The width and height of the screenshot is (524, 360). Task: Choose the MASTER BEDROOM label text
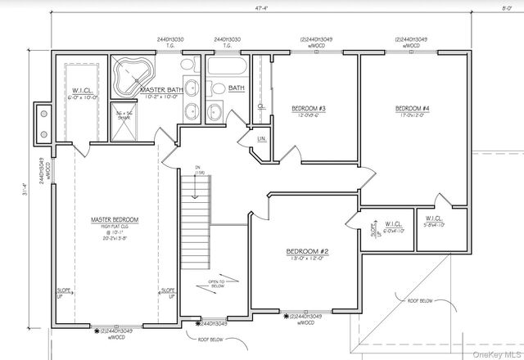115,220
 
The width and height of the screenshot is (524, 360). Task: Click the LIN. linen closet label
262,139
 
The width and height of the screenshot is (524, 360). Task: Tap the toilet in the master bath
187,65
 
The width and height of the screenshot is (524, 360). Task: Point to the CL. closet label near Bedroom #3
260,106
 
